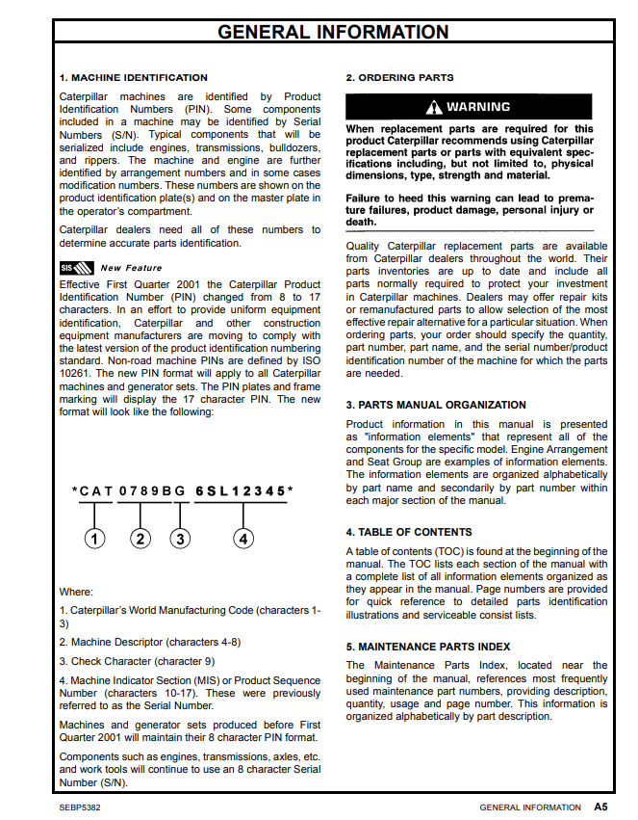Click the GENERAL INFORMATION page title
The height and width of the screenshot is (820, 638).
pyautogui.click(x=333, y=32)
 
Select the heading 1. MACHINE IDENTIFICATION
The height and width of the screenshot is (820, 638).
pyautogui.click(x=133, y=77)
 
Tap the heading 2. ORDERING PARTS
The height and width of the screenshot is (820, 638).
pyautogui.click(x=399, y=77)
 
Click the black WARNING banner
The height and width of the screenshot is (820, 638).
pyautogui.click(x=469, y=107)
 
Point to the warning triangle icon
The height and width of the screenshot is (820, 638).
pyautogui.click(x=435, y=107)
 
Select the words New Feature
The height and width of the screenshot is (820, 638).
pyautogui.click(x=132, y=268)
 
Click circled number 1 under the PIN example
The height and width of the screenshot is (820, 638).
pyautogui.click(x=93, y=539)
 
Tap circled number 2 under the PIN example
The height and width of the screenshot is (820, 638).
pyautogui.click(x=140, y=539)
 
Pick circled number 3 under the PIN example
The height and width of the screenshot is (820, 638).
pyautogui.click(x=180, y=539)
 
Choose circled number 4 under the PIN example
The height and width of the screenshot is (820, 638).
pyautogui.click(x=244, y=539)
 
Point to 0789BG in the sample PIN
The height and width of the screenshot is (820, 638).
pyautogui.click(x=152, y=491)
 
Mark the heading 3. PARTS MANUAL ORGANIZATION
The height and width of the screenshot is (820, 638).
pyautogui.click(x=436, y=405)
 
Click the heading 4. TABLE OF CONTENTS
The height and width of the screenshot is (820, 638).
pyautogui.click(x=409, y=532)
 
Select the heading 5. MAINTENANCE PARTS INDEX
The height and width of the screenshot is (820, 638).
pyautogui.click(x=428, y=647)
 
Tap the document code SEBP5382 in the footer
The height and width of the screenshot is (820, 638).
pyautogui.click(x=80, y=807)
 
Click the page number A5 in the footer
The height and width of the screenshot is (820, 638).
pyautogui.click(x=600, y=807)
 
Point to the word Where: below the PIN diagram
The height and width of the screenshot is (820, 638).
pyautogui.click(x=76, y=592)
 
